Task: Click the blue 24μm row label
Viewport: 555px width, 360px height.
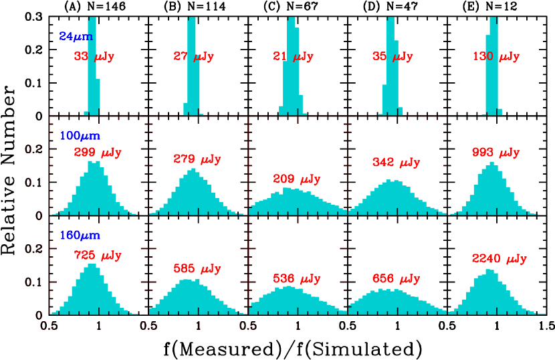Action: point(76,37)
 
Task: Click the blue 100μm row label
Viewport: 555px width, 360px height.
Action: point(80,136)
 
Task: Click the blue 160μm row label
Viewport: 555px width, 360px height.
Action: point(80,236)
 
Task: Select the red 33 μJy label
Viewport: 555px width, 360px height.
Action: point(94,57)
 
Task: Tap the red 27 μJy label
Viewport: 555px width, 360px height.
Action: point(194,57)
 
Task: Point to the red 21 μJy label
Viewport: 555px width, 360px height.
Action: point(293,57)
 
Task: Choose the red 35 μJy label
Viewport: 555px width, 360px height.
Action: point(393,57)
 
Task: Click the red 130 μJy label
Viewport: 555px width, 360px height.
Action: point(496,57)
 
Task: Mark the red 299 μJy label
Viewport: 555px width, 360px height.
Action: point(98,153)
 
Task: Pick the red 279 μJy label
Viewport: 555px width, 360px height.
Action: point(197,159)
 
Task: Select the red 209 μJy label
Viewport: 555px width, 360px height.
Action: point(297,179)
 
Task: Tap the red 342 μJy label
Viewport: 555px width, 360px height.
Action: point(396,163)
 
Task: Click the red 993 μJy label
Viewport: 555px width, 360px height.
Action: point(495,153)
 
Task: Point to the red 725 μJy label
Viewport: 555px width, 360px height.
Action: point(98,256)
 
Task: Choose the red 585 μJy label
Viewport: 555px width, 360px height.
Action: point(197,269)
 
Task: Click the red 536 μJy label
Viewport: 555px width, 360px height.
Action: point(297,279)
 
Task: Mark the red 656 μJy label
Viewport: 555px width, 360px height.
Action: point(396,279)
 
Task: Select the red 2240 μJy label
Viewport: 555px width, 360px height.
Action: point(499,259)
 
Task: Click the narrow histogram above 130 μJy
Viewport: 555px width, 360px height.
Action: point(493,67)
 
